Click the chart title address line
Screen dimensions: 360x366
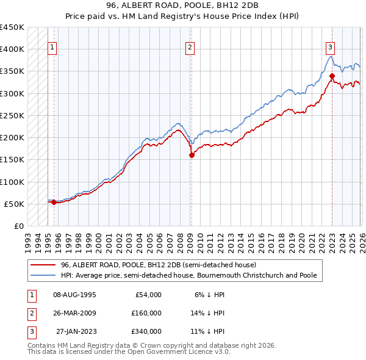click(182, 5)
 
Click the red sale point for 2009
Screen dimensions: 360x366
click(192, 155)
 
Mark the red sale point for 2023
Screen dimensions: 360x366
click(332, 76)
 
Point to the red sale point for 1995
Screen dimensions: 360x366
click(54, 202)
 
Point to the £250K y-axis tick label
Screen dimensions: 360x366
click(12, 115)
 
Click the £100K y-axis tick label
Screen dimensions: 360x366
click(12, 182)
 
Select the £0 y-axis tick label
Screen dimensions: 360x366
click(18, 226)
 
